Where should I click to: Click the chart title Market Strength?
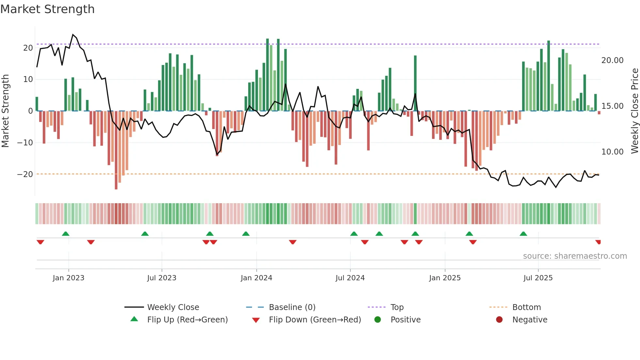tap(48, 9)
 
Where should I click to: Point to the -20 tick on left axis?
tap(25, 174)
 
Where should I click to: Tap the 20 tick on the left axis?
tap(28, 48)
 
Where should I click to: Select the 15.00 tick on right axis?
tap(612, 106)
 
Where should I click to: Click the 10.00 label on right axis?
tap(612, 152)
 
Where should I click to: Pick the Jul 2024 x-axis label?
tap(350, 278)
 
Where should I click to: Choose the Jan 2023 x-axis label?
tap(69, 278)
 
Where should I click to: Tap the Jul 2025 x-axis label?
tap(538, 278)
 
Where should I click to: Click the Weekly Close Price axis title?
tap(634, 111)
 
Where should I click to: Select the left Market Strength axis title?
tap(6, 111)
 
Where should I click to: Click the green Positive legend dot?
tap(378, 320)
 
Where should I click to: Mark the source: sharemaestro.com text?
tap(575, 256)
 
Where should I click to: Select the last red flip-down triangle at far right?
tap(598, 242)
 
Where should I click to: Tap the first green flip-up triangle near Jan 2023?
tap(66, 234)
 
